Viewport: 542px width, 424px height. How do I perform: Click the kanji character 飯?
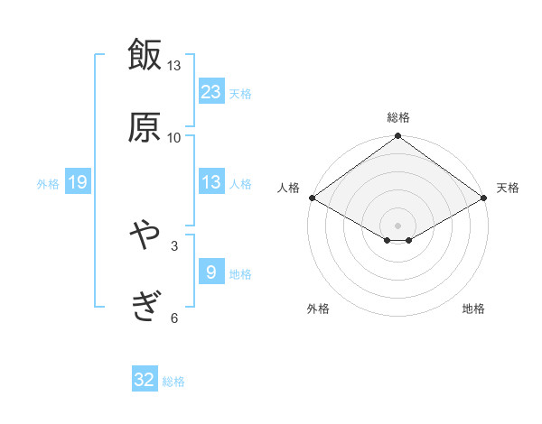pyautogui.click(x=145, y=54)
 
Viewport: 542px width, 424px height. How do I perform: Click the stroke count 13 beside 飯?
pyautogui.click(x=174, y=66)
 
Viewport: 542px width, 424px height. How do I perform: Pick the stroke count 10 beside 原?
pyautogui.click(x=174, y=137)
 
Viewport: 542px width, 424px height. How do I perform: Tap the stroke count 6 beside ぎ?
pyautogui.click(x=174, y=318)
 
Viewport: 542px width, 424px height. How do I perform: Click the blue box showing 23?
pyautogui.click(x=211, y=91)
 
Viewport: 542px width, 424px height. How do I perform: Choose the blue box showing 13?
pyautogui.click(x=211, y=182)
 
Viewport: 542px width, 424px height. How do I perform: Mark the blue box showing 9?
pyautogui.click(x=211, y=272)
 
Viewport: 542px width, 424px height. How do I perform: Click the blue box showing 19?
pyautogui.click(x=78, y=183)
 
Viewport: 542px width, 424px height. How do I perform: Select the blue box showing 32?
pyautogui.click(x=145, y=381)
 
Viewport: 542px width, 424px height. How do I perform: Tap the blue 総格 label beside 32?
pyautogui.click(x=173, y=382)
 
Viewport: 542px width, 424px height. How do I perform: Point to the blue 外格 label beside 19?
pyautogui.click(x=48, y=184)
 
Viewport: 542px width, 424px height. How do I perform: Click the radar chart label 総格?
pyautogui.click(x=398, y=117)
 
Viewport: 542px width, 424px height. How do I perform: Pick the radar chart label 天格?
pyautogui.click(x=508, y=188)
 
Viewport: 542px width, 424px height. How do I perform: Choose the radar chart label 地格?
pyautogui.click(x=473, y=309)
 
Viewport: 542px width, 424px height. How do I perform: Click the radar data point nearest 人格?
pyautogui.click(x=312, y=198)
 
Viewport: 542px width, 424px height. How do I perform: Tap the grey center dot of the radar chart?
pyautogui.click(x=398, y=225)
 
